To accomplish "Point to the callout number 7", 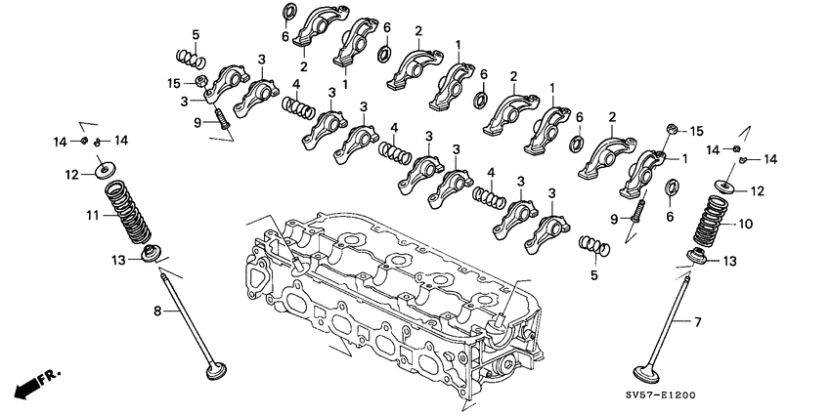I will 698,321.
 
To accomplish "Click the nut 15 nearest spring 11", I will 199,81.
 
